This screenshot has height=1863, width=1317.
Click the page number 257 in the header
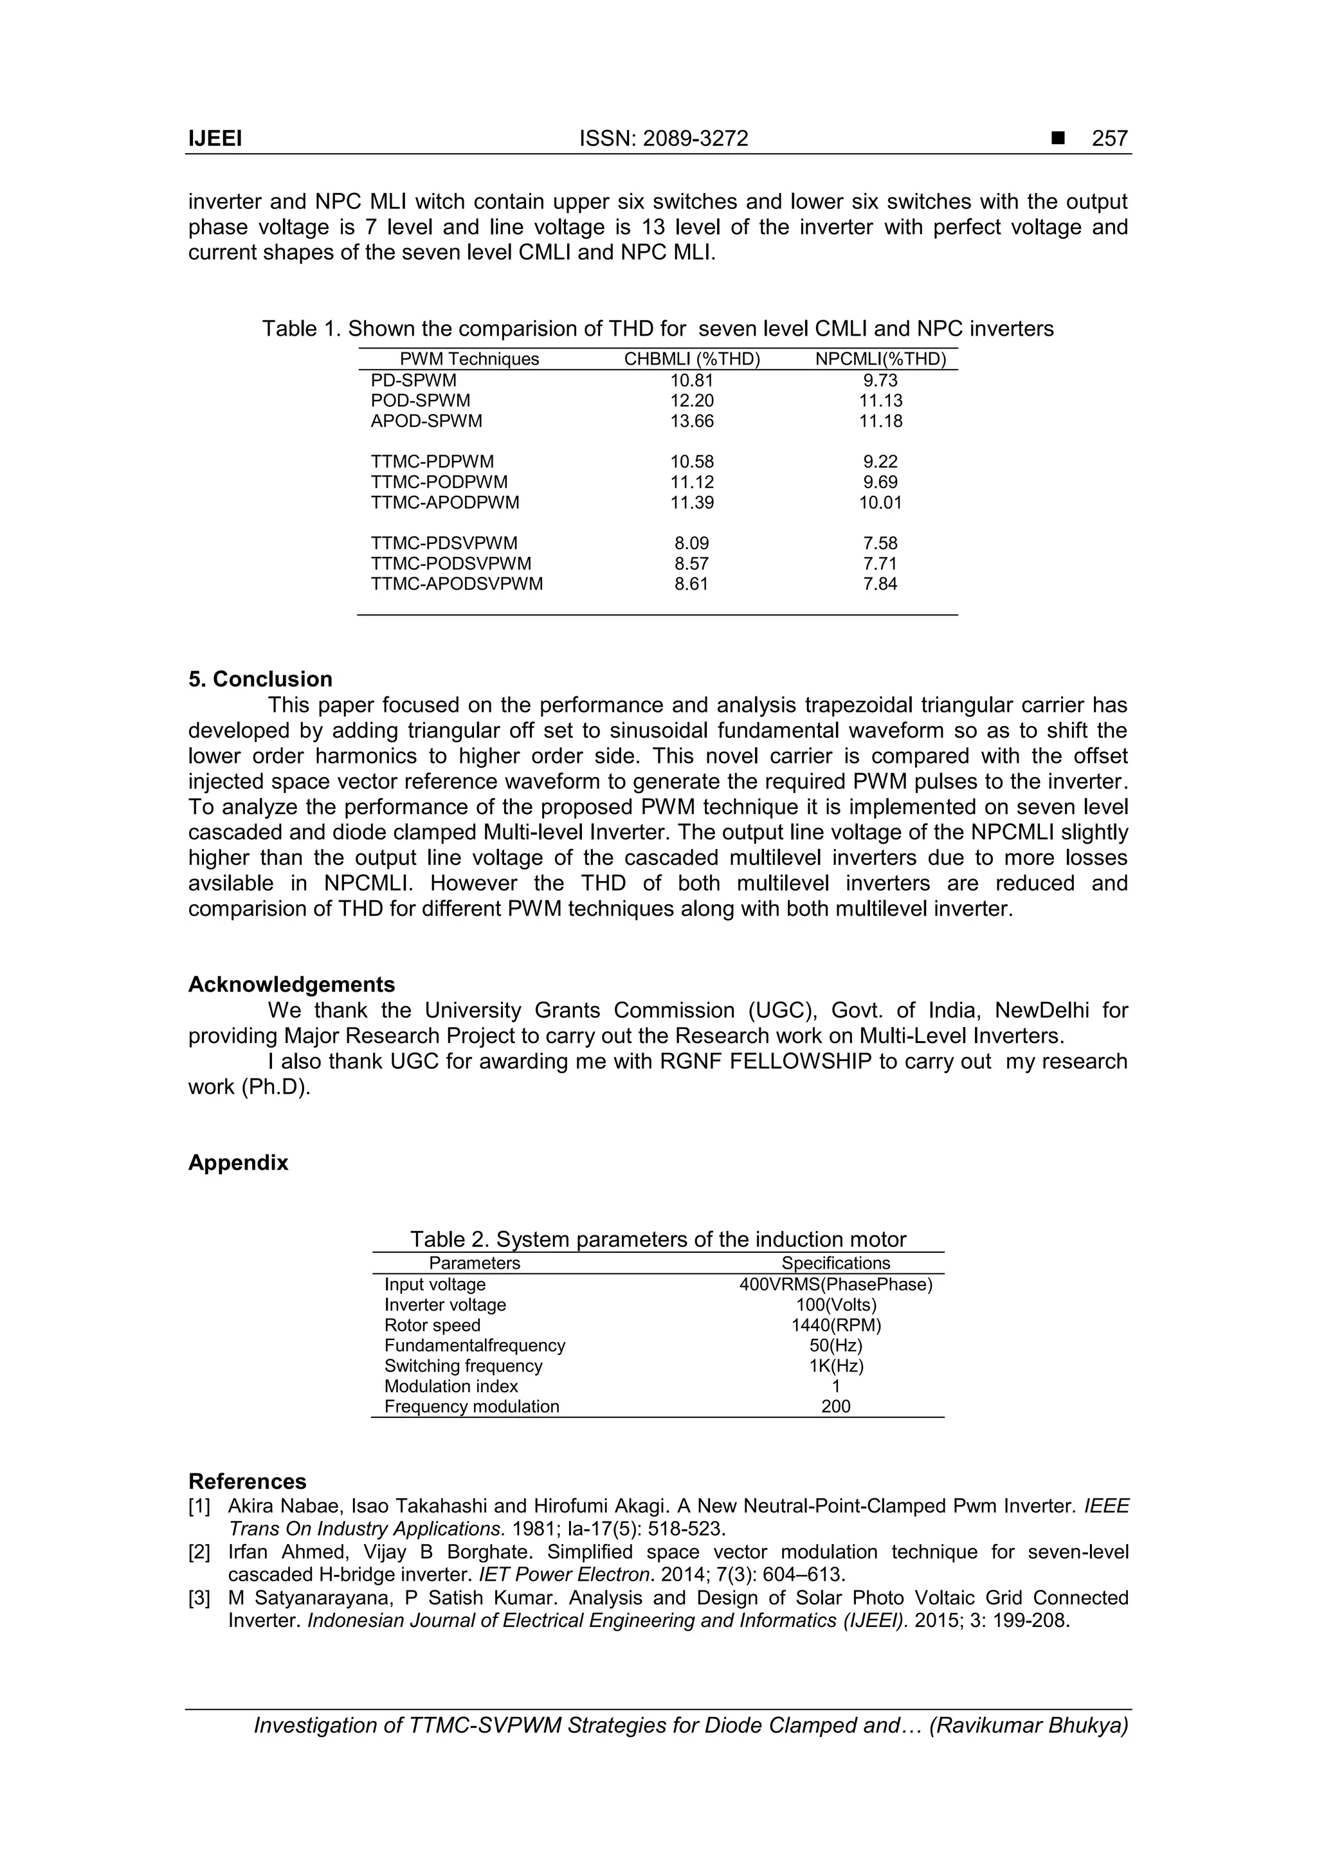click(x=1109, y=139)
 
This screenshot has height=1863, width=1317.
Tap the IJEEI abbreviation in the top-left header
click(x=215, y=139)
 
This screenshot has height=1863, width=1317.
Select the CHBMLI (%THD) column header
click(x=691, y=359)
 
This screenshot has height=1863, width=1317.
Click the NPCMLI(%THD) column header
click(x=880, y=359)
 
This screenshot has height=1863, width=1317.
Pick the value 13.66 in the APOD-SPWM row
click(x=691, y=421)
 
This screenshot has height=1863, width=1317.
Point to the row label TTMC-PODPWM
click(x=439, y=482)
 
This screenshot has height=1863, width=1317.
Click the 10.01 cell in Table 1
click(x=880, y=502)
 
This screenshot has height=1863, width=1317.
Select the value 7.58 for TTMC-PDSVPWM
click(x=880, y=543)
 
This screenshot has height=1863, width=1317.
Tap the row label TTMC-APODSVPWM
click(x=457, y=584)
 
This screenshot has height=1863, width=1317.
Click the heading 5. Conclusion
click(x=260, y=679)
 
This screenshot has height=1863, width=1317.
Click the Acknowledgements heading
click(x=291, y=985)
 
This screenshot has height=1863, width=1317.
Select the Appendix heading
click(x=238, y=1163)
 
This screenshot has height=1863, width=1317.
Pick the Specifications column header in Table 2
click(x=836, y=1264)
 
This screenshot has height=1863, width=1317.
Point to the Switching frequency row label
click(x=464, y=1366)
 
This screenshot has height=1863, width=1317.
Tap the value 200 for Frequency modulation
click(x=836, y=1407)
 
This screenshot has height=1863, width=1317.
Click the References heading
click(x=247, y=1482)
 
